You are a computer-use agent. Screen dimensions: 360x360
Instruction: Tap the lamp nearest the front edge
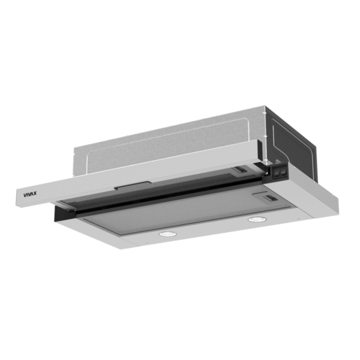coord(167,233)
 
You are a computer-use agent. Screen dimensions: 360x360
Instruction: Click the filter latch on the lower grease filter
coord(270,198)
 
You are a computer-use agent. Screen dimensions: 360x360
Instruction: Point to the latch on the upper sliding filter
coord(240,170)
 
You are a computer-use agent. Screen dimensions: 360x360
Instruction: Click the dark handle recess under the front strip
coord(132,185)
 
